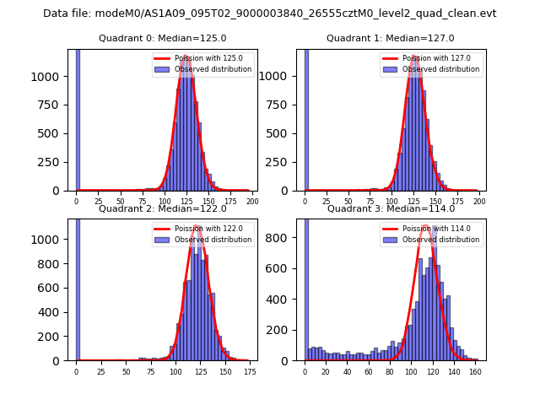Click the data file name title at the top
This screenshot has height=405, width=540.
270,13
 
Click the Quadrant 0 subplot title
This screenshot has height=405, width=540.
162,38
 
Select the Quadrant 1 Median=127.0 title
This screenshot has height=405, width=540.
391,38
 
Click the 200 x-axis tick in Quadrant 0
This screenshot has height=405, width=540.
251,201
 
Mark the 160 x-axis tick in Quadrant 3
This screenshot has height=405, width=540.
475,370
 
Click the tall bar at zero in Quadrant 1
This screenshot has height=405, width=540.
305,118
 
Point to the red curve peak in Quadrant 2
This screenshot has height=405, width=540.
196,226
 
